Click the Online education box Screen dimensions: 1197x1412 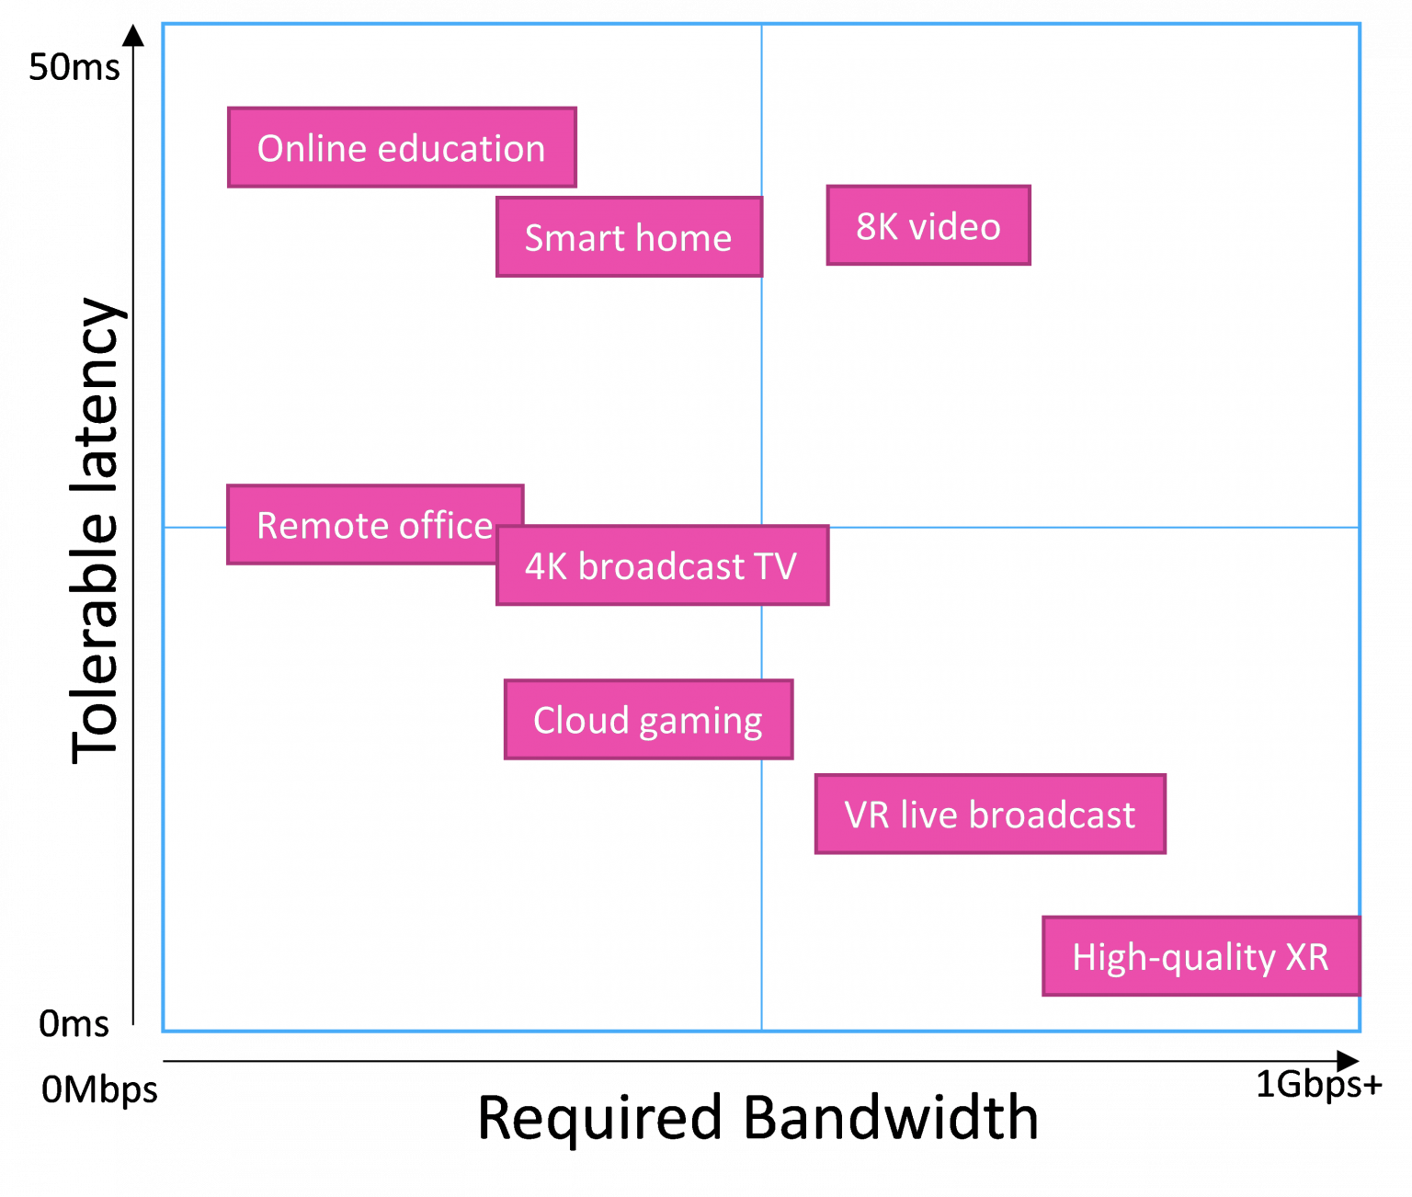pyautogui.click(x=402, y=148)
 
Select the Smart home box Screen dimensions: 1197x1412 pyautogui.click(x=629, y=237)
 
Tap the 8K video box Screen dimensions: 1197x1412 pyautogui.click(x=928, y=226)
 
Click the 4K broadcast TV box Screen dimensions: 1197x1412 pyautogui.click(x=662, y=566)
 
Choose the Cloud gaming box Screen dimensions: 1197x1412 pyautogui.click(x=648, y=720)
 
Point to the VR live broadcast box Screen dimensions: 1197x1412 pyautogui.click(x=990, y=815)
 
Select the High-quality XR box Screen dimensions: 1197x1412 pyautogui.click(x=1201, y=956)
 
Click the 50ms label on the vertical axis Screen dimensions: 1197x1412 pyautogui.click(x=74, y=67)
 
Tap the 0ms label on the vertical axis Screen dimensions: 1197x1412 pyautogui.click(x=74, y=1023)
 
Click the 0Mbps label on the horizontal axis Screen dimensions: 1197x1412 pyautogui.click(x=99, y=1090)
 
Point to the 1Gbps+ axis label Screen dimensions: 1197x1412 pyautogui.click(x=1318, y=1086)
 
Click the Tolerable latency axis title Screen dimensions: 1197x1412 pyautogui.click(x=97, y=530)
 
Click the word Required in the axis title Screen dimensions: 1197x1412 pyautogui.click(x=600, y=1118)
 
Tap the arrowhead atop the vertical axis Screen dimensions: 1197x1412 pyautogui.click(x=134, y=35)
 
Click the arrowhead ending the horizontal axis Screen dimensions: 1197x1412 pyautogui.click(x=1347, y=1060)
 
